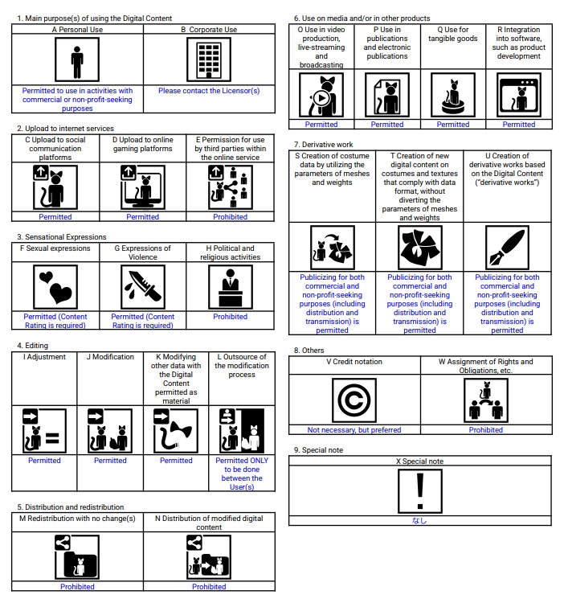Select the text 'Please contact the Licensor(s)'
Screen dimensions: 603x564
[x=209, y=91]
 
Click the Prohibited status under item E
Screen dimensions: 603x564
[x=231, y=217]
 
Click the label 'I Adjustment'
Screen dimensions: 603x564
[x=44, y=357]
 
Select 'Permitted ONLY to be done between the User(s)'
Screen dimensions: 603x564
[x=242, y=474]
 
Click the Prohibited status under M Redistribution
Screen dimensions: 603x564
[x=77, y=587]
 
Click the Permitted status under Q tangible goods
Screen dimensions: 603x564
[x=453, y=125]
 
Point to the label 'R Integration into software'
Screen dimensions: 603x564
[x=519, y=43]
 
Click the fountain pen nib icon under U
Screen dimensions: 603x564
[x=507, y=247]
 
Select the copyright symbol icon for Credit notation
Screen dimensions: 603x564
[x=354, y=400]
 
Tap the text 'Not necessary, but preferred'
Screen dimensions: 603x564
[x=354, y=430]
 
